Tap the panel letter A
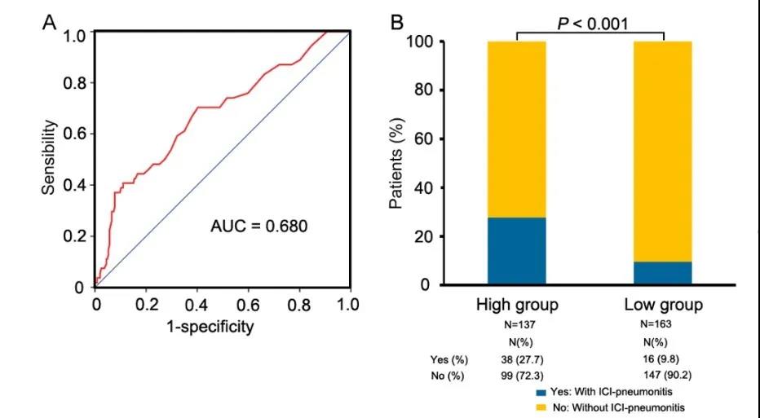point(51,22)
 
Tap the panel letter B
point(397,22)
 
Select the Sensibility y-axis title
point(50,158)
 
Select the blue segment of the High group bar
point(516,251)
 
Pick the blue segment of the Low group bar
point(662,273)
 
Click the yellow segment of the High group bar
point(516,129)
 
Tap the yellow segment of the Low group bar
point(662,151)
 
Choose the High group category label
point(517,306)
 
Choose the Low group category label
point(663,306)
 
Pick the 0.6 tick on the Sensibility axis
point(76,134)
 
